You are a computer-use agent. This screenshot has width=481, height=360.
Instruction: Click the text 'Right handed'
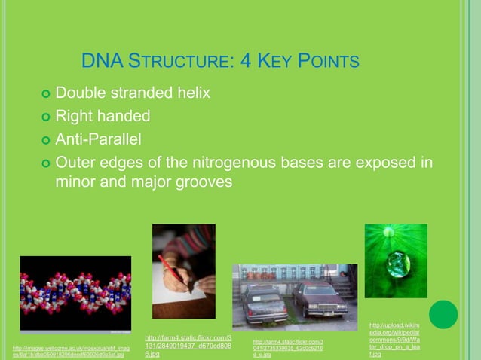[x=103, y=117]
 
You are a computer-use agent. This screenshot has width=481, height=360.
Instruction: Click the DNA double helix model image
[x=75, y=293]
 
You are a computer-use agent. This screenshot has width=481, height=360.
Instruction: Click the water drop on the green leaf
[x=397, y=264]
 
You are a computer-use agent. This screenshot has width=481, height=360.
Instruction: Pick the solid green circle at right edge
[x=444, y=314]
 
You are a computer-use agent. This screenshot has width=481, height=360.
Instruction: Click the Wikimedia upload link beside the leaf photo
[x=394, y=340]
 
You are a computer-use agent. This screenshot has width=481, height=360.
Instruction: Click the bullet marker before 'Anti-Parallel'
[x=45, y=140]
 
